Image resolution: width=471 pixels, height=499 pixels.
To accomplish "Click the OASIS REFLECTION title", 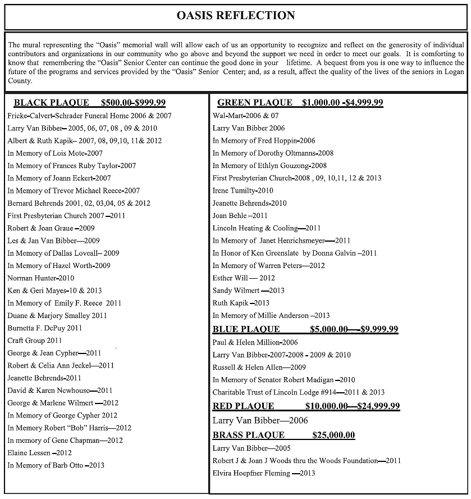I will click(236, 15).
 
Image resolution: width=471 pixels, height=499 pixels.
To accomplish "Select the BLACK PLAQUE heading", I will click(51, 102).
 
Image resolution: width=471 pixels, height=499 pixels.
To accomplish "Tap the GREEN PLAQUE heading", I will click(255, 102).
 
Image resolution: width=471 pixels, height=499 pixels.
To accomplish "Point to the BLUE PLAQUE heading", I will click(246, 329).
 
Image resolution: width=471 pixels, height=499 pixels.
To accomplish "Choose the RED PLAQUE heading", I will click(243, 406).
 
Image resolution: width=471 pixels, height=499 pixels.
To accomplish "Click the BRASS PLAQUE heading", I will click(248, 435).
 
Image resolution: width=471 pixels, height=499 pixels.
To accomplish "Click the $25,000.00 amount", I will click(333, 435).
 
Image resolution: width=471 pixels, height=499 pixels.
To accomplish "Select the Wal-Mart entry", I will click(245, 115).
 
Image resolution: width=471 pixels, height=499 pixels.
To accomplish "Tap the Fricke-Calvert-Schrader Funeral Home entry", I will click(89, 115).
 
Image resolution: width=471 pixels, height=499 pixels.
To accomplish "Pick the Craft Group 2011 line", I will click(35, 341).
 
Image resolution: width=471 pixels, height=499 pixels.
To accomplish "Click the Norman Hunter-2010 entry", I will click(41, 278).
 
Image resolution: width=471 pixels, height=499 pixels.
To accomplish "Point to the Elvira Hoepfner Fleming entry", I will click(264, 473).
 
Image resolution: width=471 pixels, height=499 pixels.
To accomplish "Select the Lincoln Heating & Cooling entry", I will click(267, 228).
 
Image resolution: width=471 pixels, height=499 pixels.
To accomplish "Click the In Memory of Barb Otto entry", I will click(56, 465).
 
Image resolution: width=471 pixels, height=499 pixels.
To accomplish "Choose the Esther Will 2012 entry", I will click(244, 278).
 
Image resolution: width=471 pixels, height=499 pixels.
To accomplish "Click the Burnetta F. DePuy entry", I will click(45, 328).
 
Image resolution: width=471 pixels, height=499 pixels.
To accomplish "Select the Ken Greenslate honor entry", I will click(294, 253).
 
